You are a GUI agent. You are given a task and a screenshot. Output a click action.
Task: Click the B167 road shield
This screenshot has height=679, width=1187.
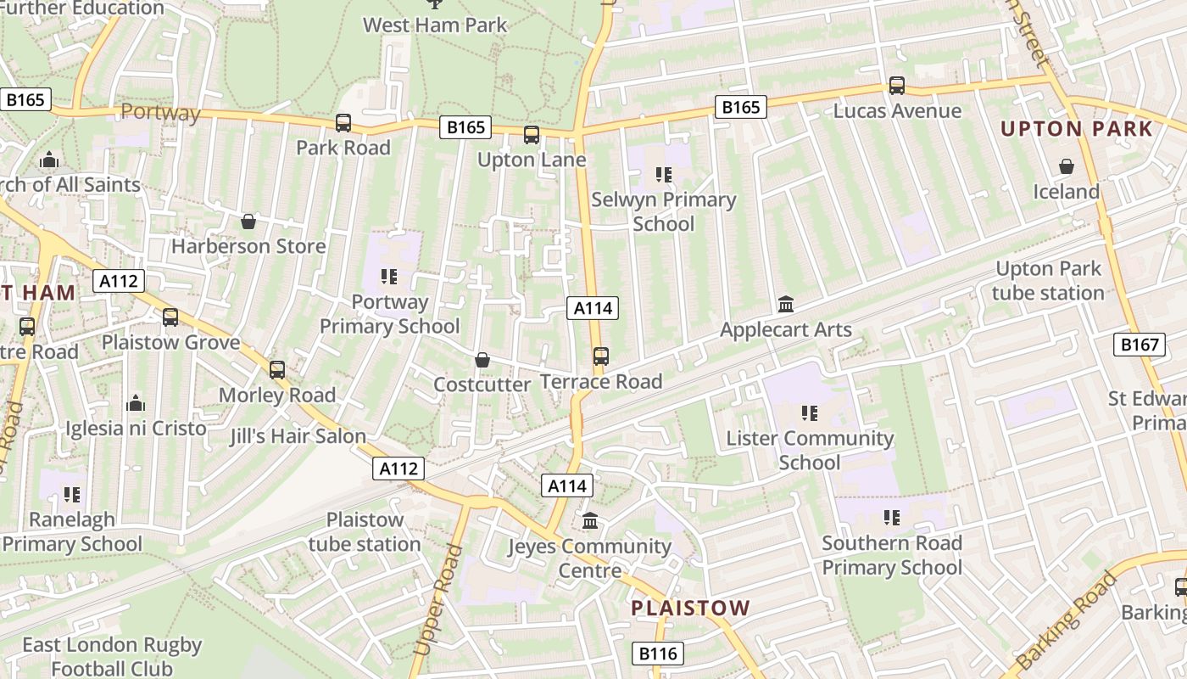coord(1139,345)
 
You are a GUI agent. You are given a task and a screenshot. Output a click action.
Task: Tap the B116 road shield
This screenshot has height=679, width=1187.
coord(658,654)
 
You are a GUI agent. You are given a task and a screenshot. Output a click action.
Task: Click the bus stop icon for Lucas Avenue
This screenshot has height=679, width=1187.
coord(897,86)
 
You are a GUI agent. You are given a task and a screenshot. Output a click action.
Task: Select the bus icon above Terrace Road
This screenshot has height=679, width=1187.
coord(601,356)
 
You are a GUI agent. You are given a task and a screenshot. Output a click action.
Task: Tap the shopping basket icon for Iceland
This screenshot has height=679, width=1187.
coord(1066,167)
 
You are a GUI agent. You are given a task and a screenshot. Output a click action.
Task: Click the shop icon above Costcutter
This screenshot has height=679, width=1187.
coord(482,360)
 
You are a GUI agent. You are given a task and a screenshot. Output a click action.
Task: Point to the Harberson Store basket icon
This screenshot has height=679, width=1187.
coord(248,222)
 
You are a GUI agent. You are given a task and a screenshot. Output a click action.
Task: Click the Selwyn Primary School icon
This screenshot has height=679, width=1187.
coord(664,175)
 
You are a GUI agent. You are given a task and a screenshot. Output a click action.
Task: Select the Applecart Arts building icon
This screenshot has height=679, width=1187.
coord(786,305)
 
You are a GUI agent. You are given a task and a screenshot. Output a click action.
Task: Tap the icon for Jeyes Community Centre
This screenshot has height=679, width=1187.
coord(590,520)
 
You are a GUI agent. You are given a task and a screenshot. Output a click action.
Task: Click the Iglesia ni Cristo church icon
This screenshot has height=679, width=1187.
coord(136,404)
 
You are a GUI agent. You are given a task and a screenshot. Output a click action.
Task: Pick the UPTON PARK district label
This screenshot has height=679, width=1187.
coord(1077,129)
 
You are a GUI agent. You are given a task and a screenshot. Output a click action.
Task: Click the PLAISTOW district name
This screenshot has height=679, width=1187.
coord(691,608)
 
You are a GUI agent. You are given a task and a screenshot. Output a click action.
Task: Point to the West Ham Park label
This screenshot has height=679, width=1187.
coord(435,25)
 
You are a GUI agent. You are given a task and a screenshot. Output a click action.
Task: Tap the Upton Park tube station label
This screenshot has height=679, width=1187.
coord(1049,281)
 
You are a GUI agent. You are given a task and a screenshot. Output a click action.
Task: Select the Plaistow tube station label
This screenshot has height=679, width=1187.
coord(365,532)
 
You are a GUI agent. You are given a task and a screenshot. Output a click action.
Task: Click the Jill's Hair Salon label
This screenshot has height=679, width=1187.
coord(298,437)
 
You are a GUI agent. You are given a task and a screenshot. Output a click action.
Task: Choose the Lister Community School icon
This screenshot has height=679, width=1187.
coord(810,413)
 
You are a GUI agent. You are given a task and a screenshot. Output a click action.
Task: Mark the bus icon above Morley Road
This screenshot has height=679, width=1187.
coord(277,370)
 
